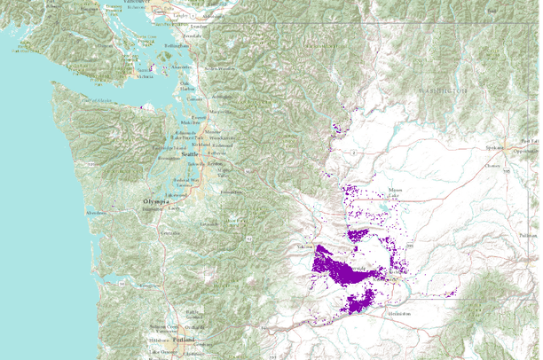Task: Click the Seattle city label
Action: (x=189, y=154)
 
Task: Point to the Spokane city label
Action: (x=493, y=147)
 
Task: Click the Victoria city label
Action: (x=145, y=77)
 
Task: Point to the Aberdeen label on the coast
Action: (x=96, y=213)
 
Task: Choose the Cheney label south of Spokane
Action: (x=492, y=165)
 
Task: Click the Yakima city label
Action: (x=307, y=246)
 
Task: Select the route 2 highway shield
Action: (x=354, y=153)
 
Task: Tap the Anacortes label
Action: (x=181, y=67)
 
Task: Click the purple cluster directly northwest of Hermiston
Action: (x=361, y=301)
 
